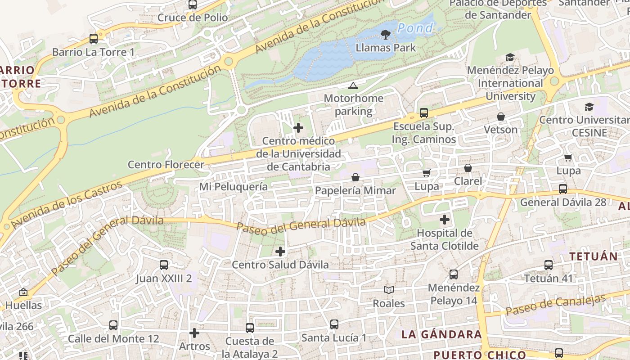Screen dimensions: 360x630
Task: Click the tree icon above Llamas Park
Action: point(385,34)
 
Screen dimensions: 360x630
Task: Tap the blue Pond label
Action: point(415,28)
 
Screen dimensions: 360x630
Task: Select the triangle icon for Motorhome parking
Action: point(353,85)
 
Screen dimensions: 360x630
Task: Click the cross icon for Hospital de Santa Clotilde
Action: point(445,220)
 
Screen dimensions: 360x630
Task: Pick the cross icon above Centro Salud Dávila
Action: point(280,251)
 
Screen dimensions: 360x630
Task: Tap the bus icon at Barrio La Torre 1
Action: point(94,39)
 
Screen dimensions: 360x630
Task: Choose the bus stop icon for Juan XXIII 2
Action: point(164,265)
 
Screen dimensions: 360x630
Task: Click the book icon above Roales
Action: point(389,290)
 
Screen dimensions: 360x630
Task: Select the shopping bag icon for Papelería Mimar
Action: point(355,177)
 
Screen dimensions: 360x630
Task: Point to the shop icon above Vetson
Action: point(501,117)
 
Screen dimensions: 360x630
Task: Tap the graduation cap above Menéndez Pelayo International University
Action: point(510,57)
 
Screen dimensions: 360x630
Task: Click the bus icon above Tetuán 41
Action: point(549,265)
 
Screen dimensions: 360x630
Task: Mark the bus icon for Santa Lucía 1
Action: point(334,324)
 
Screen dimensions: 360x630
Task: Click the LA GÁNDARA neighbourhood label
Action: point(441,334)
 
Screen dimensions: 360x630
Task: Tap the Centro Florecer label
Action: point(166,164)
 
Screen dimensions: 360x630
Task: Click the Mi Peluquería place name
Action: point(234,186)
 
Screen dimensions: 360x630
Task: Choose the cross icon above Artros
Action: point(194,333)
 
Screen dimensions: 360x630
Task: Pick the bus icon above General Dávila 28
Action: point(563,189)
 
